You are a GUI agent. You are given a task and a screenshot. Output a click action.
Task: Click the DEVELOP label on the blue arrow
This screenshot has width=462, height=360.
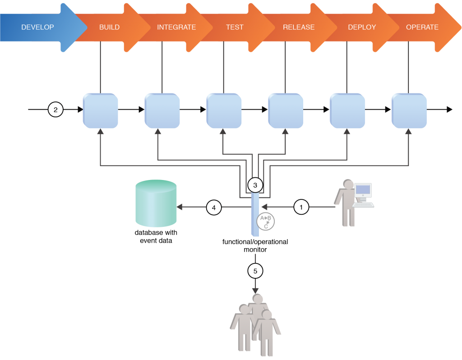[x=37, y=27]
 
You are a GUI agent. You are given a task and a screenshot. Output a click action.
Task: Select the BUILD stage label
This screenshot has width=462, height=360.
[x=109, y=27]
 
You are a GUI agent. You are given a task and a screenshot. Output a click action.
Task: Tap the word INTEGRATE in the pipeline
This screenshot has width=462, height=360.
[x=176, y=27]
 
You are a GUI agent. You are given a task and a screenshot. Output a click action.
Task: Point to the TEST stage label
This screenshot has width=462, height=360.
[x=235, y=27]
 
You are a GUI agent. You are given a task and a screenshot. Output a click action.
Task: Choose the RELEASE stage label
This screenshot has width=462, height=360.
[x=299, y=27]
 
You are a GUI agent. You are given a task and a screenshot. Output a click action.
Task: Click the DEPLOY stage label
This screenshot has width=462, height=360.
[x=362, y=27]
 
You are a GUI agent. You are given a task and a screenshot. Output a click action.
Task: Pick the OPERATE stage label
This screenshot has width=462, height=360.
[x=422, y=27]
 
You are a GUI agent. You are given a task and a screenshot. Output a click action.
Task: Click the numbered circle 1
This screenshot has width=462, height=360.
[x=301, y=207]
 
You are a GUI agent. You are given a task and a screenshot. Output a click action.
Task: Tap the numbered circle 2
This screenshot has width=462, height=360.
[x=55, y=110]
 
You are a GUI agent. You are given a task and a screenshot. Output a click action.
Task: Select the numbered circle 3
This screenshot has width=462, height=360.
[x=255, y=185]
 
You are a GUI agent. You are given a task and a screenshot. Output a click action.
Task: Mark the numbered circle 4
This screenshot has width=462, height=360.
[x=214, y=208]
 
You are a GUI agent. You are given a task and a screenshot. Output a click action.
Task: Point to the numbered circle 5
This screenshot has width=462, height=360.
[x=255, y=271]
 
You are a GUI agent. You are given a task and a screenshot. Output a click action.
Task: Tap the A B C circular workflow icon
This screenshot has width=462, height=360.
[x=266, y=222]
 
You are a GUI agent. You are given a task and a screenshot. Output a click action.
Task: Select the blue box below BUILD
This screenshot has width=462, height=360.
[x=101, y=111]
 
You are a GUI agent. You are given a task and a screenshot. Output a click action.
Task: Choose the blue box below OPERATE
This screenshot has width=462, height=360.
[x=409, y=111]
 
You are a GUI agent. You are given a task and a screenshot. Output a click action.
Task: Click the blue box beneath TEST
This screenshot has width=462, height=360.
[x=224, y=111]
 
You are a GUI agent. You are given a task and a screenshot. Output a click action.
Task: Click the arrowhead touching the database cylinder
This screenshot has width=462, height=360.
[x=179, y=207]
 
